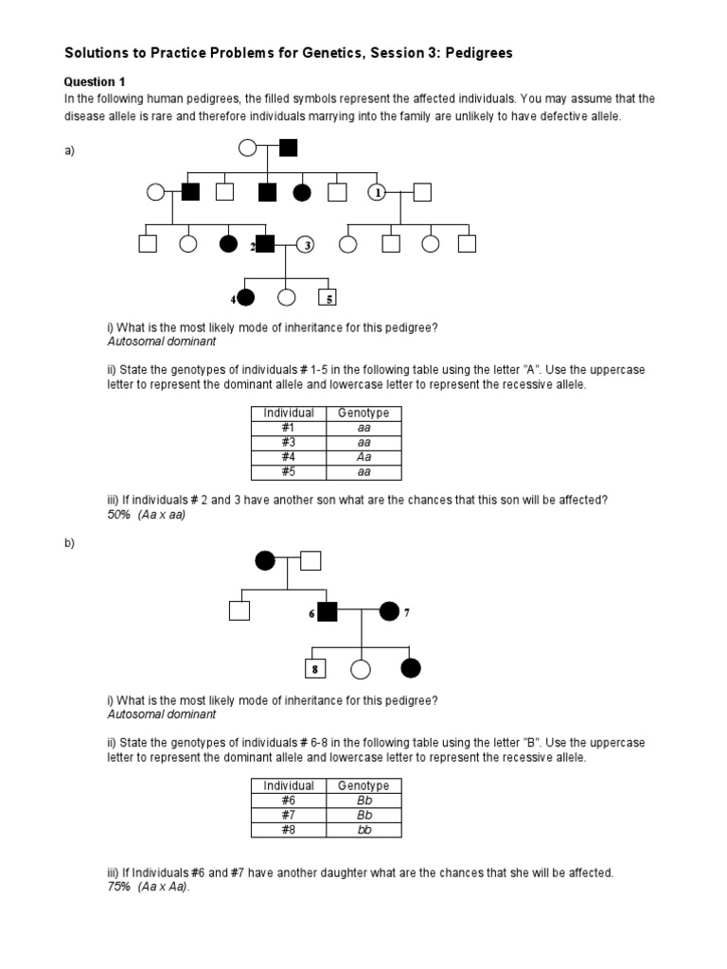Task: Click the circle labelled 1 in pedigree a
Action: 377,192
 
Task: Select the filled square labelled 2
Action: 265,244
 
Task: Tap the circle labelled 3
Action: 306,244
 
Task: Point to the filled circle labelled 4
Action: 246,297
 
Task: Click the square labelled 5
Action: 328,297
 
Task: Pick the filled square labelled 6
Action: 327,611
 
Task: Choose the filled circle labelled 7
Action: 389,611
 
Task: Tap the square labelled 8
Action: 314,669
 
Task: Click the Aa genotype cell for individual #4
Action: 363,457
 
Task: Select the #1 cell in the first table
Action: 289,428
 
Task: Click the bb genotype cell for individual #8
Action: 363,830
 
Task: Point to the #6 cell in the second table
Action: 289,801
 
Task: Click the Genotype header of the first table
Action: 363,414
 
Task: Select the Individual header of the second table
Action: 289,786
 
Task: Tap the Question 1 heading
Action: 95,82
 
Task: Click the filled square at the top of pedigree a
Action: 288,147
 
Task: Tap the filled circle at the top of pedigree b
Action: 265,560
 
